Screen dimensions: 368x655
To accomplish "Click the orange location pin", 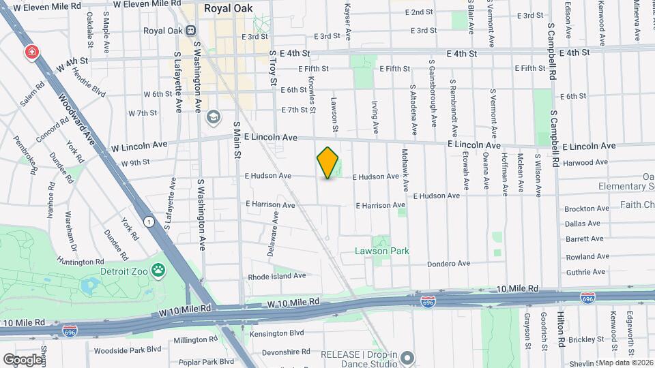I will (x=328, y=162).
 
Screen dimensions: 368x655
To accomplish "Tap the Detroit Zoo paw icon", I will (x=158, y=271).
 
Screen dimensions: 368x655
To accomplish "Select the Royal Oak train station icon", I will (x=190, y=30).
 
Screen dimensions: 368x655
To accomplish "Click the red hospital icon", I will (x=31, y=52).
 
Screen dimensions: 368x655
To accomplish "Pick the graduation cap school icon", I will (x=214, y=118).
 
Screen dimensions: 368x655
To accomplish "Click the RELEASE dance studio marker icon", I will (x=407, y=357).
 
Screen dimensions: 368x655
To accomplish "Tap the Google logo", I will (x=23, y=359).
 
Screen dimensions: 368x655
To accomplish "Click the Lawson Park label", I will (x=381, y=251).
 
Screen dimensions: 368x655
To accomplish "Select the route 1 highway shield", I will (x=148, y=221).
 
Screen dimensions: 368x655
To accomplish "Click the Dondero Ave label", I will (x=449, y=264).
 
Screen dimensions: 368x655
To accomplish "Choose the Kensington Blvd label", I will (x=276, y=333).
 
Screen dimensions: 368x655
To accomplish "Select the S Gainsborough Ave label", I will (x=433, y=93).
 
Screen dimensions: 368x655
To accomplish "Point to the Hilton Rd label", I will (x=560, y=326).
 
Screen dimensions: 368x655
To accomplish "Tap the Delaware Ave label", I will (x=273, y=233).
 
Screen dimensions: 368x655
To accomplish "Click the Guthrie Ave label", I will (x=585, y=271).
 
